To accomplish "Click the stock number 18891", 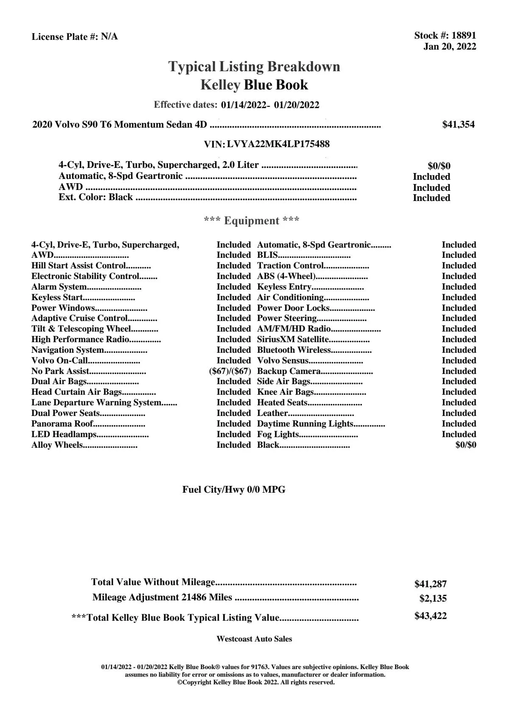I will (x=464, y=36).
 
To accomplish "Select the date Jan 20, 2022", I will (x=450, y=46).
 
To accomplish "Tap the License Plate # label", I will (x=65, y=37).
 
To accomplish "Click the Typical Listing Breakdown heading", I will (x=254, y=67).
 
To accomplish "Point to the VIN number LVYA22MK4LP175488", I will (x=278, y=144).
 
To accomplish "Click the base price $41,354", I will (x=459, y=125).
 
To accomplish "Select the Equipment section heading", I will (x=251, y=220).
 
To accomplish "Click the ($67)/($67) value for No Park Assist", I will (x=230, y=371).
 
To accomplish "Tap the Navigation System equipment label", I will (x=68, y=350).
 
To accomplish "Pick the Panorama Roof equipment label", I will (x=62, y=424).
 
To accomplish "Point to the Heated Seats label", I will (x=282, y=402).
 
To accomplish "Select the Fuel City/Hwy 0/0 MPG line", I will (x=234, y=490).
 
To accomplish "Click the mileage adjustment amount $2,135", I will (x=433, y=599).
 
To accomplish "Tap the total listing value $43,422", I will (x=431, y=616).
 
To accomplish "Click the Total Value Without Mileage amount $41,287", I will (x=431, y=584).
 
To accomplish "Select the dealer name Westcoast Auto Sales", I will (x=254, y=639).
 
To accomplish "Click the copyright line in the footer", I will (x=256, y=682).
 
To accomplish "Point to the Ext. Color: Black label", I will (x=96, y=197).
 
